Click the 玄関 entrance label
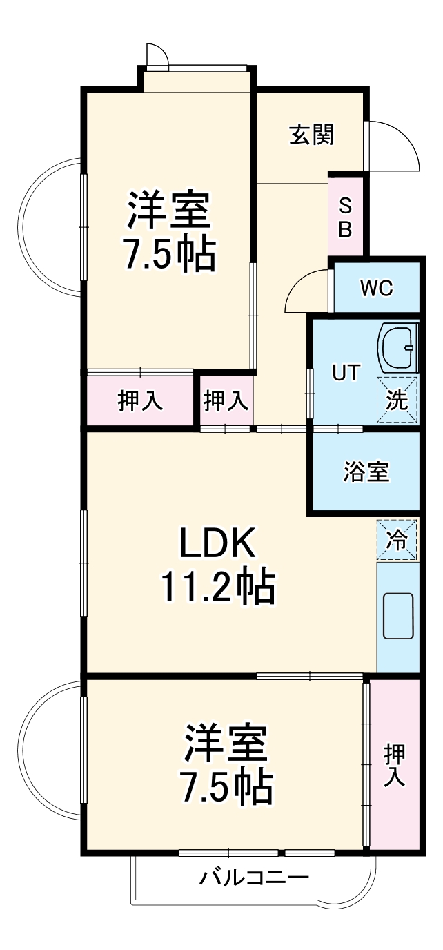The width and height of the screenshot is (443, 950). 311,135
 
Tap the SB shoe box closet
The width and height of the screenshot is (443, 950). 345,217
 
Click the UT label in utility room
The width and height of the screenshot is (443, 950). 346,373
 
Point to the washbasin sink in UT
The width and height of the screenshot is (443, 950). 397,348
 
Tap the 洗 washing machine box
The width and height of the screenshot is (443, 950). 397,400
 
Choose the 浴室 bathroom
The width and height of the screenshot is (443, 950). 366,472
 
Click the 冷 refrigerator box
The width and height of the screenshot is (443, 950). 397,539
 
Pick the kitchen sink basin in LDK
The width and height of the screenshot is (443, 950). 398,616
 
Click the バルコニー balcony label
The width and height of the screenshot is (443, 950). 255,879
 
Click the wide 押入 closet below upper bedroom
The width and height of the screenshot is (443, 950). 140,401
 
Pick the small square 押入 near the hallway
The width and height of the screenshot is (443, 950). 226,401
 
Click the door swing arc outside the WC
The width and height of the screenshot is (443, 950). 306,292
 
